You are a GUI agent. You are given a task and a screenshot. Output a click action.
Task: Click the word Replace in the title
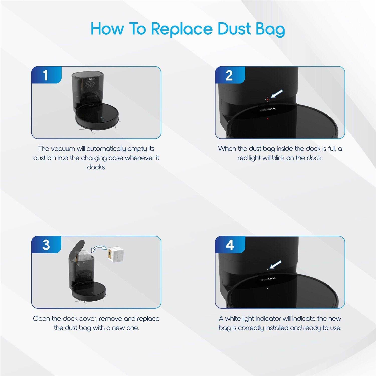(x=182, y=29)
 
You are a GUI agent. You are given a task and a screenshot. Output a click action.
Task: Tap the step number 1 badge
(x=46, y=75)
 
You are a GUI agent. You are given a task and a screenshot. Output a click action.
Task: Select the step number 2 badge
(x=230, y=75)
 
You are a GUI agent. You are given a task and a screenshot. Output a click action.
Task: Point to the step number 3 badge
(x=46, y=244)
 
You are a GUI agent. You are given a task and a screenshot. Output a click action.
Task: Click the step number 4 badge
(x=230, y=244)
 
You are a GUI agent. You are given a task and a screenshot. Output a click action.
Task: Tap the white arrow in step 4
(x=275, y=264)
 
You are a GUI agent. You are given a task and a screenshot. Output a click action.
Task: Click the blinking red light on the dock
(x=267, y=100)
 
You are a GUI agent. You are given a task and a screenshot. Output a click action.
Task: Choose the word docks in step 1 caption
(x=96, y=167)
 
